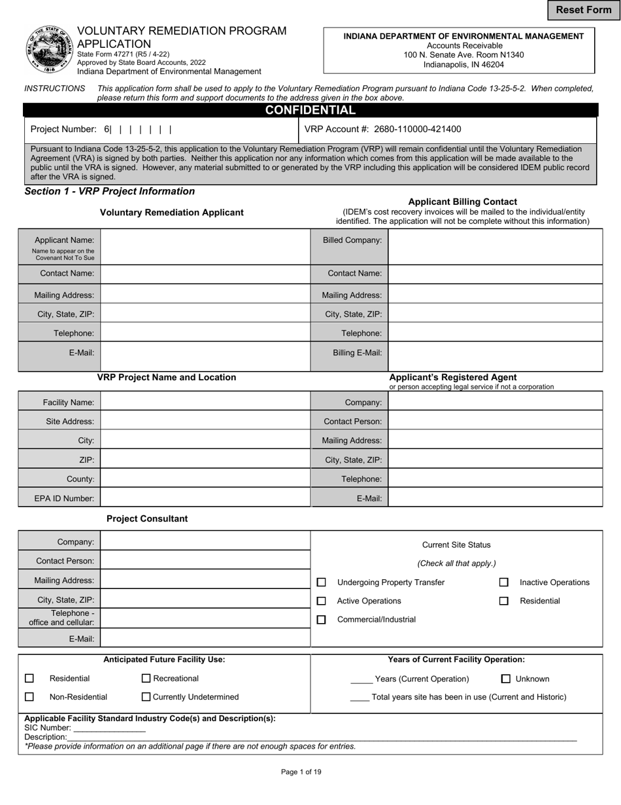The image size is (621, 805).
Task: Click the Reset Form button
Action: [584, 10]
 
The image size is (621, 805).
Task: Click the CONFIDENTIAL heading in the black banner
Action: [310, 110]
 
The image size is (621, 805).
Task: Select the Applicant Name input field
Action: [205, 246]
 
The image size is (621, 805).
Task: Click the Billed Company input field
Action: [495, 246]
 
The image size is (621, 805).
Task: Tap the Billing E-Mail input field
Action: [495, 357]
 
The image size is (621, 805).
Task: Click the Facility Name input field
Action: [205, 402]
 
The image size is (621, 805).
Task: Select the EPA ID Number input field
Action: [205, 498]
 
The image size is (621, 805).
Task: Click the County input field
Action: [205, 478]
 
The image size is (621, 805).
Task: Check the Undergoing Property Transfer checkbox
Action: [321, 582]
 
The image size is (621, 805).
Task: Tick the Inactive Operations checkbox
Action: [504, 582]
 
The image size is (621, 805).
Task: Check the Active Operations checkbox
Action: [321, 601]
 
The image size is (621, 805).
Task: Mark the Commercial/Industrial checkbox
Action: [321, 620]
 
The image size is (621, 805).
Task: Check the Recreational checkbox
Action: [146, 679]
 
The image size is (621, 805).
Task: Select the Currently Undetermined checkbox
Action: [146, 697]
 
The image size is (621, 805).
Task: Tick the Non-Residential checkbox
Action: [29, 697]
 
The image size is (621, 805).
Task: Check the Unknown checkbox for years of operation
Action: [506, 679]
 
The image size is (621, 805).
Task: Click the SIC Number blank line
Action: [109, 728]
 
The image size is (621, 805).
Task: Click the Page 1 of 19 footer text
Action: [301, 772]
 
